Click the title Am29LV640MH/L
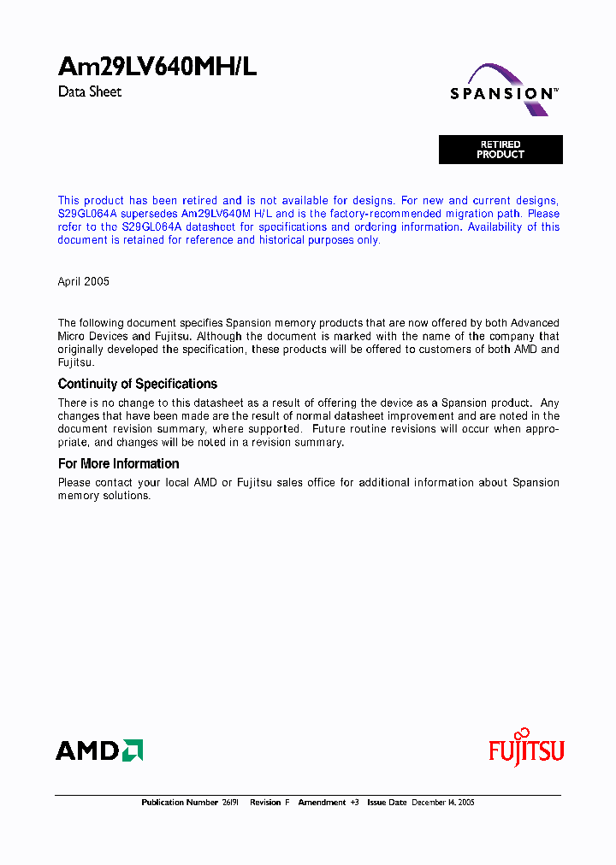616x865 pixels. [157, 68]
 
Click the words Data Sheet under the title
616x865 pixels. [90, 91]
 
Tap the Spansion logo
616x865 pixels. [503, 90]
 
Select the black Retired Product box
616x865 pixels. [500, 150]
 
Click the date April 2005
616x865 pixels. [83, 281]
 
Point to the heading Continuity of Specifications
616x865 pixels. [137, 384]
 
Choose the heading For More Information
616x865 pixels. [118, 463]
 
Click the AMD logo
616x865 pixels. [99, 750]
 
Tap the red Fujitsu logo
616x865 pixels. [526, 750]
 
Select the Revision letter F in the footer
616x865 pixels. [287, 803]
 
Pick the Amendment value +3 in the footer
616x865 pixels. [354, 803]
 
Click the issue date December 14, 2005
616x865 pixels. [442, 803]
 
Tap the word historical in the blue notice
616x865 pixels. [288, 240]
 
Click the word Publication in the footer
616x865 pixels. [163, 803]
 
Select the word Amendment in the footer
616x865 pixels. [322, 803]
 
